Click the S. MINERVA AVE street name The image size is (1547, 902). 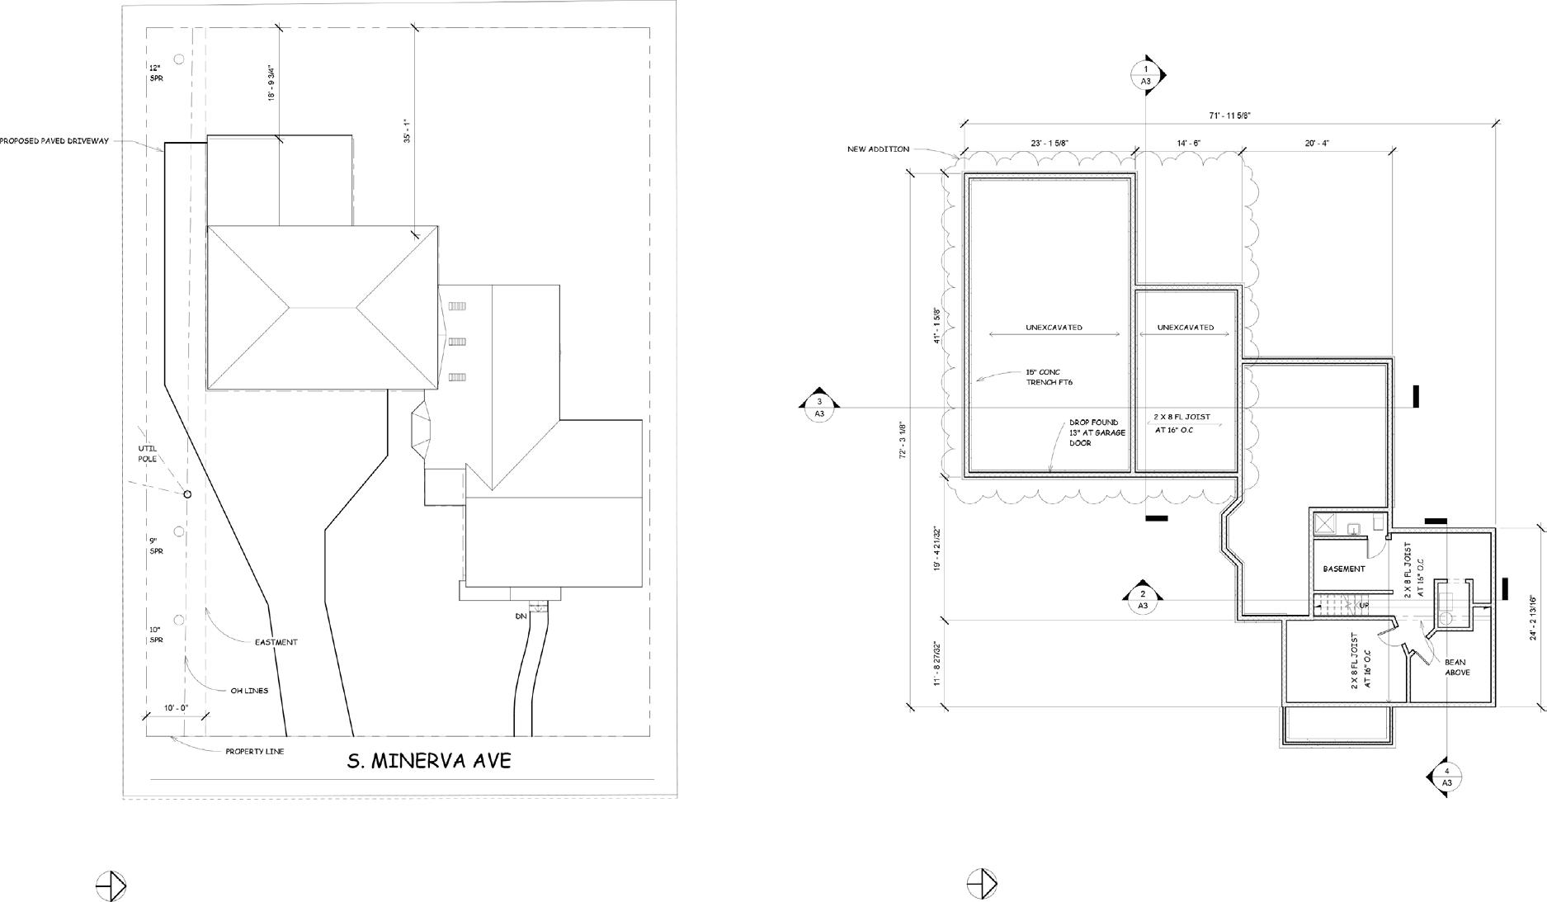pos(428,761)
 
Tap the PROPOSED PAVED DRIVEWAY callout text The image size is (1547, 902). pos(54,141)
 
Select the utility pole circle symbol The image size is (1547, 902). pos(187,494)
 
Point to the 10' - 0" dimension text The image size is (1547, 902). pos(176,708)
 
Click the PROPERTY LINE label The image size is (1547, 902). pos(254,752)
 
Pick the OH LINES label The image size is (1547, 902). pos(249,691)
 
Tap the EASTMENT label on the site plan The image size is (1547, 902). pos(276,642)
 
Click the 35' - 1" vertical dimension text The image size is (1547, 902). pos(407,131)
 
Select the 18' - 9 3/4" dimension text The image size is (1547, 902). pos(271,83)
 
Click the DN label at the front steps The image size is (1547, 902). pos(521,616)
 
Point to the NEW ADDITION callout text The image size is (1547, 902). pos(878,149)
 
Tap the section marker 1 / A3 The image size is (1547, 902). pos(1146,75)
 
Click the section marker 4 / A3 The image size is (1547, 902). pos(1446,777)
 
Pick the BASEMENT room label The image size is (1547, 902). pos(1343,569)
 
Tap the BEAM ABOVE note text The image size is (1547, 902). pos(1455,667)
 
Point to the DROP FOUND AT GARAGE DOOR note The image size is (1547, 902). pos(1097,433)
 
